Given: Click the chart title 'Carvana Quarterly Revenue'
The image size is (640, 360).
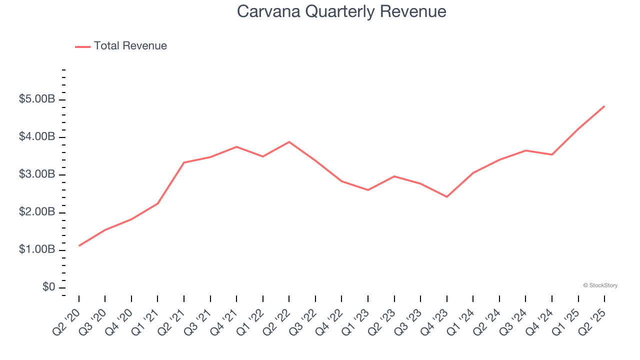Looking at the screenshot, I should pyautogui.click(x=341, y=11).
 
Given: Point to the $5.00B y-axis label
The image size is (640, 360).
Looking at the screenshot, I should pyautogui.click(x=37, y=99).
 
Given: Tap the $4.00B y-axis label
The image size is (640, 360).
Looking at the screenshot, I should pyautogui.click(x=37, y=137).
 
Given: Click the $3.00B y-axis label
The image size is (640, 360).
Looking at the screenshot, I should pyautogui.click(x=37, y=175).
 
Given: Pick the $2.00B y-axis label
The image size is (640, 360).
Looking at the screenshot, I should pyautogui.click(x=37, y=212).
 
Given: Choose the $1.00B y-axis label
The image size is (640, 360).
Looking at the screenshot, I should pyautogui.click(x=37, y=250).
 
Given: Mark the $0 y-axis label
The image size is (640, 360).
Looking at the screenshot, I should pyautogui.click(x=49, y=287).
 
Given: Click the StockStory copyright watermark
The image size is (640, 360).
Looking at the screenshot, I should pyautogui.click(x=600, y=285).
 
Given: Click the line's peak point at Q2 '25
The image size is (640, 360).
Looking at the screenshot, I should pyautogui.click(x=604, y=106).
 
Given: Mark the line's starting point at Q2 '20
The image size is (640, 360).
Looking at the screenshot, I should pyautogui.click(x=79, y=245).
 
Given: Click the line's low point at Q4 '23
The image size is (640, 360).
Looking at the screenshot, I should pyautogui.click(x=446, y=197).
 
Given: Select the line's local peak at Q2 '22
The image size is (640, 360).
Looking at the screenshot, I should pyautogui.click(x=289, y=142).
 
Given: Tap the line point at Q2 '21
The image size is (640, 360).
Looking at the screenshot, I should pyautogui.click(x=184, y=162).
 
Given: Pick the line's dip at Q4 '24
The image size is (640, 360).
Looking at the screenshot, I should pyautogui.click(x=552, y=154).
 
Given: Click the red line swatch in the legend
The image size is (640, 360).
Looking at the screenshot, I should pyautogui.click(x=82, y=46).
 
